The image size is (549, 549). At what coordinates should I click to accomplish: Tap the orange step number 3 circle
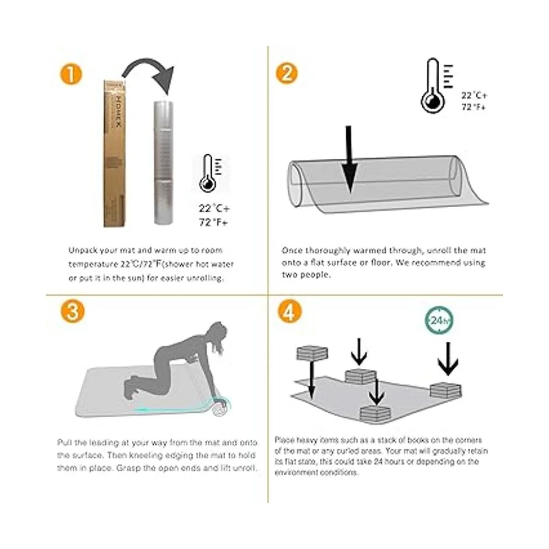pyautogui.click(x=72, y=312)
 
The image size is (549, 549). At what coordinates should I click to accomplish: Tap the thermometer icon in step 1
pyautogui.click(x=210, y=173)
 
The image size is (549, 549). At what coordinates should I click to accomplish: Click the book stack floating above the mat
pyautogui.click(x=312, y=354)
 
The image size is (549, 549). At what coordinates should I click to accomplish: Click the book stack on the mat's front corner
pyautogui.click(x=376, y=414)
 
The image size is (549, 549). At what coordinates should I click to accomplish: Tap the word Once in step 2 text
pyautogui.click(x=292, y=250)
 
